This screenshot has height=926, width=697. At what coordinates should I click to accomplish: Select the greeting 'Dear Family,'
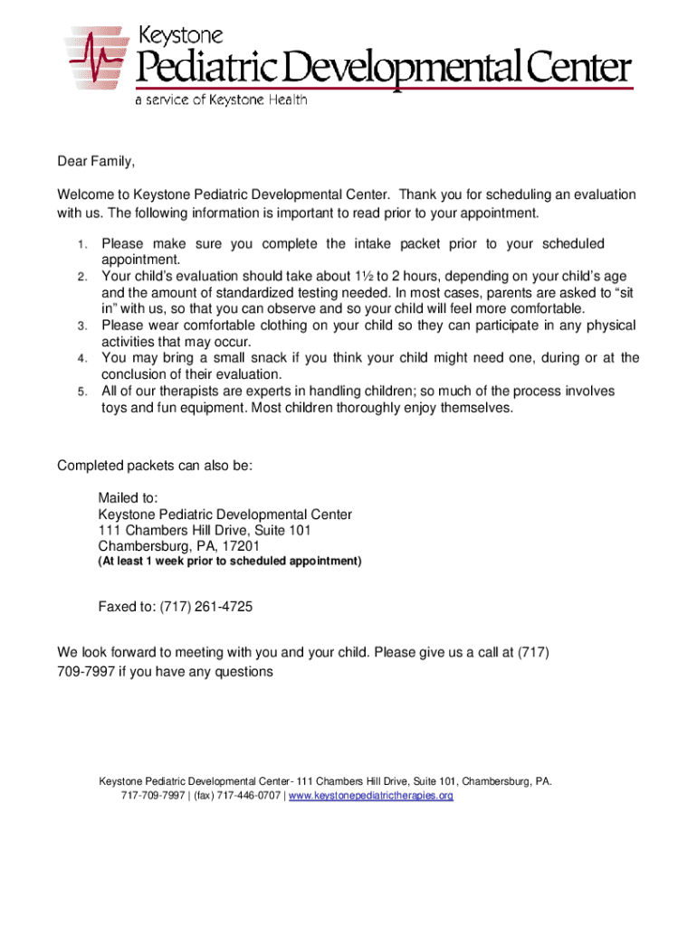(x=96, y=162)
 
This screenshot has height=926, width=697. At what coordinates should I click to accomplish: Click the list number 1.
(x=81, y=245)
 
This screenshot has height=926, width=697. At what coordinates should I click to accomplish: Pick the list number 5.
(x=81, y=392)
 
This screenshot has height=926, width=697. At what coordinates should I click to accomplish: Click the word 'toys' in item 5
(x=115, y=407)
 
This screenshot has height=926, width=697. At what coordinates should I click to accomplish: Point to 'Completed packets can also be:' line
(x=155, y=466)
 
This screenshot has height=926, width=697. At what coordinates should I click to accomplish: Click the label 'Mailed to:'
(x=128, y=498)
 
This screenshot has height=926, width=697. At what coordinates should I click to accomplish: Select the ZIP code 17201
(x=240, y=546)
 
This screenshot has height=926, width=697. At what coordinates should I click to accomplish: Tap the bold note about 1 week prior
(x=230, y=562)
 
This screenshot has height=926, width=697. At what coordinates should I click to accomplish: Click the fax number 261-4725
(x=223, y=607)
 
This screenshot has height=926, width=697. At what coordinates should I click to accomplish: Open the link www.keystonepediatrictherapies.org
(x=370, y=796)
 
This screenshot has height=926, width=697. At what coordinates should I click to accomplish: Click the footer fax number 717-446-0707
(x=247, y=796)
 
